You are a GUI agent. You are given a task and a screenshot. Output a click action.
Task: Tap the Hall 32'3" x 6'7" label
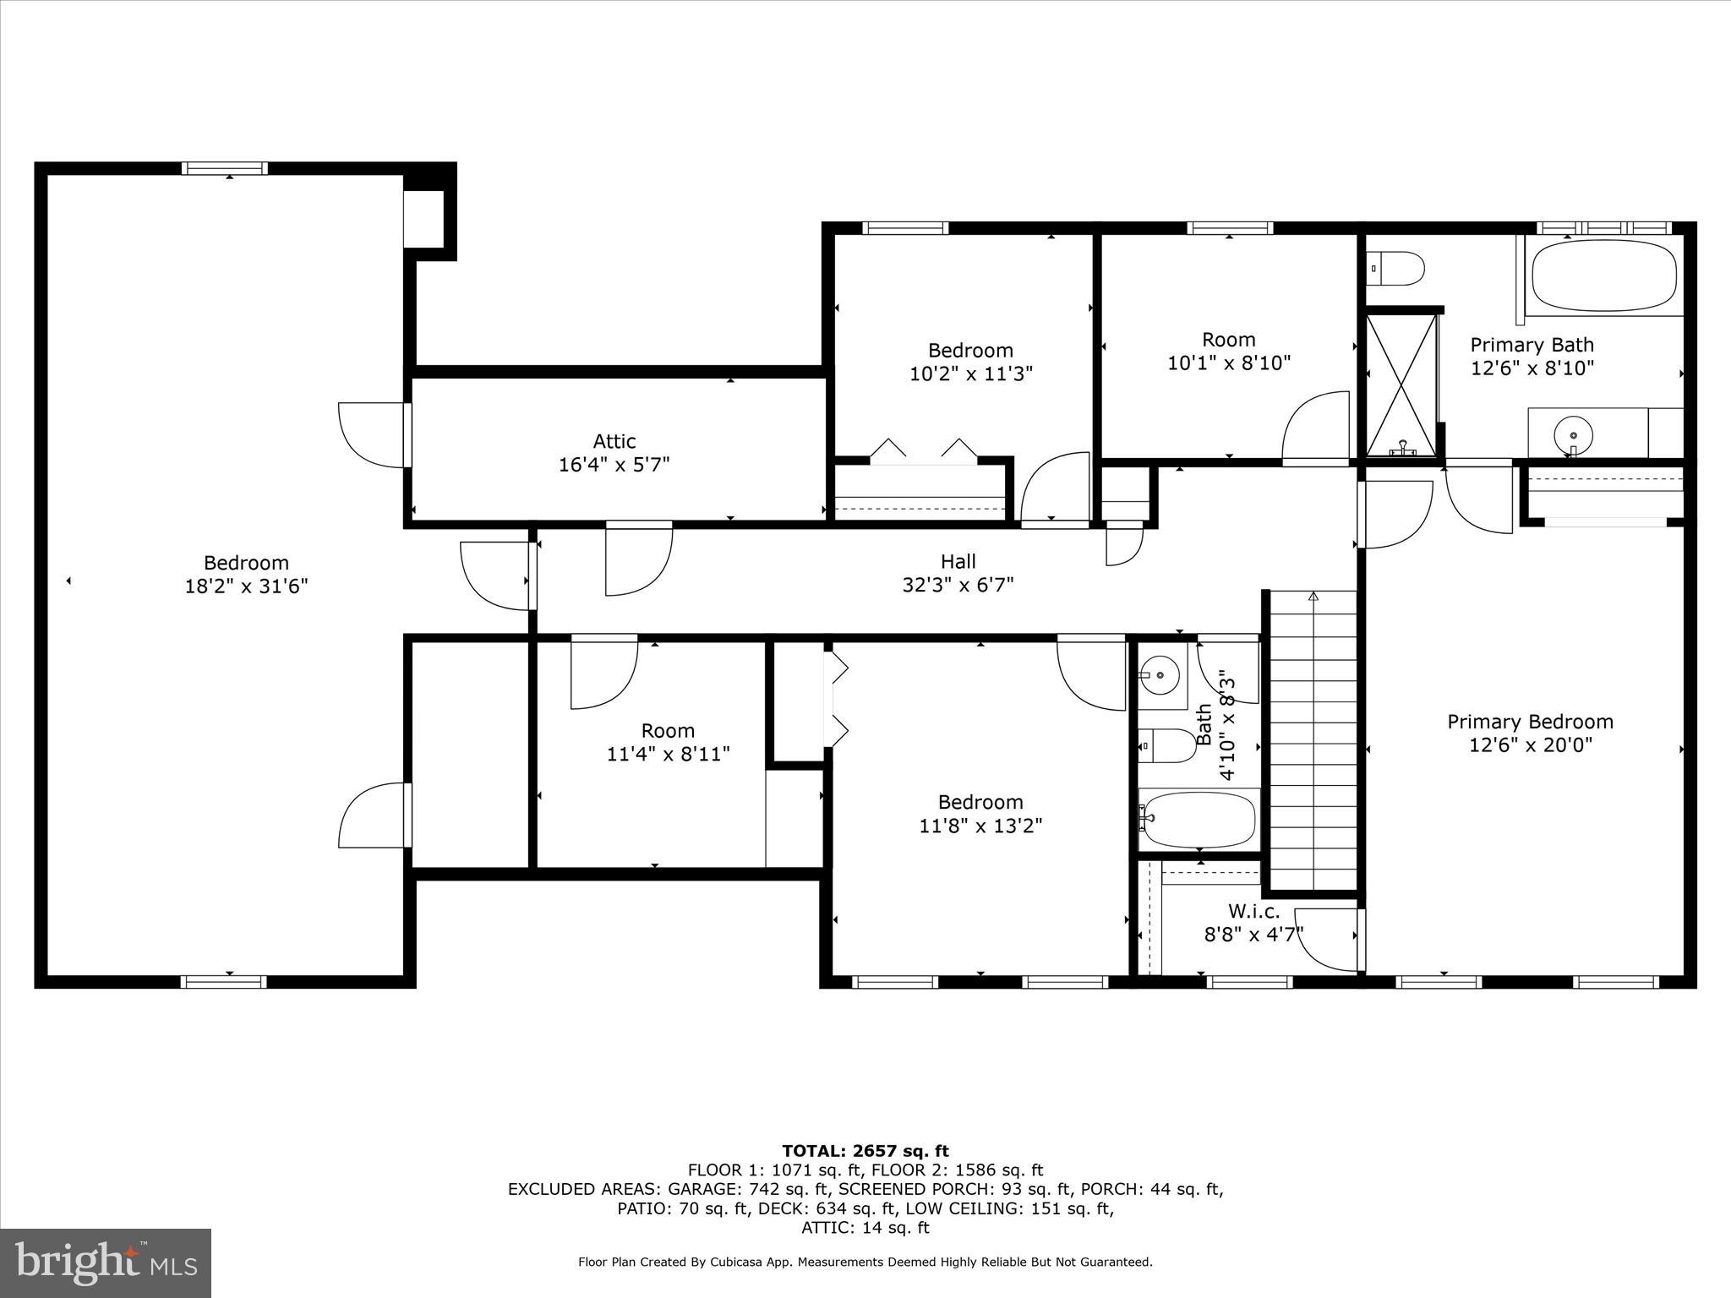pos(958,573)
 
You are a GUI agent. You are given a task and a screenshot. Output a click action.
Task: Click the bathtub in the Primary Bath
pos(1603,277)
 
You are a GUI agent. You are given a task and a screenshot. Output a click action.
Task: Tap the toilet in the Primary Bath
pos(1395,269)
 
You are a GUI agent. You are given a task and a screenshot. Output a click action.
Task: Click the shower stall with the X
pos(1401,384)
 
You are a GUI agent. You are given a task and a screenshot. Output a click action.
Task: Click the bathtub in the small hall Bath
pos(1198,819)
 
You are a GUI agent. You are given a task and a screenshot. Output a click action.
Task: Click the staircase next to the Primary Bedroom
pos(1312,739)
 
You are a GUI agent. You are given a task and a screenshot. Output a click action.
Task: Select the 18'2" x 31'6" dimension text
pos(246,586)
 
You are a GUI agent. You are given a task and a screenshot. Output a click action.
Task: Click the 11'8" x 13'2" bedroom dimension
pos(980,826)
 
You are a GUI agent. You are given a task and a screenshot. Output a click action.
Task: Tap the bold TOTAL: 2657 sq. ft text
pos(865,1150)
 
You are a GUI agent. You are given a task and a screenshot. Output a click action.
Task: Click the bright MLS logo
pos(106,1263)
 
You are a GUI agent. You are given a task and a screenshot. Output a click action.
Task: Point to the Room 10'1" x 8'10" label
pos(1228,351)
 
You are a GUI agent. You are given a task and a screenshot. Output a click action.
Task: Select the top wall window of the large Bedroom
pos(225,168)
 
